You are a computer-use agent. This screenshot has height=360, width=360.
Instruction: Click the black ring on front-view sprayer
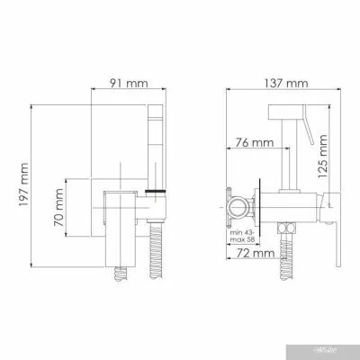coord(157,193)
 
